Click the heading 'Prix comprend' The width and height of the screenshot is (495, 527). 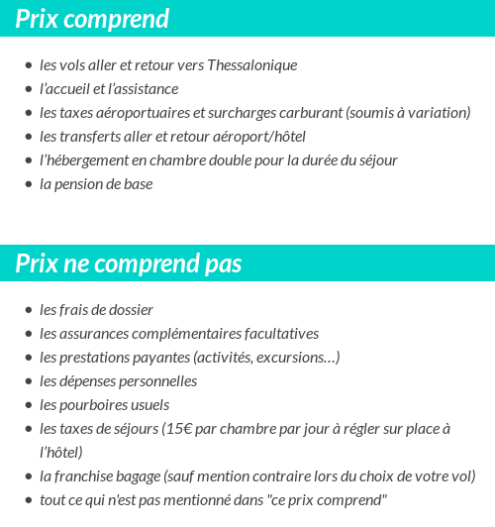[x=92, y=19]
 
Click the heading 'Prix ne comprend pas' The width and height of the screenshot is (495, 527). [x=129, y=263]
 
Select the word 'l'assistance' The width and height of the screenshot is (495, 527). [x=142, y=89]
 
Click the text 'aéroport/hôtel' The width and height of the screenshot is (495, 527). [x=259, y=137]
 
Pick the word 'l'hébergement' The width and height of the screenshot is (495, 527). [x=83, y=160]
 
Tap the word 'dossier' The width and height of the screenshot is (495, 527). [x=131, y=310]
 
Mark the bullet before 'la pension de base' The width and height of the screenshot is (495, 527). [x=28, y=184]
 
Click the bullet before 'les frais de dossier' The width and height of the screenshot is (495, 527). [x=28, y=310]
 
